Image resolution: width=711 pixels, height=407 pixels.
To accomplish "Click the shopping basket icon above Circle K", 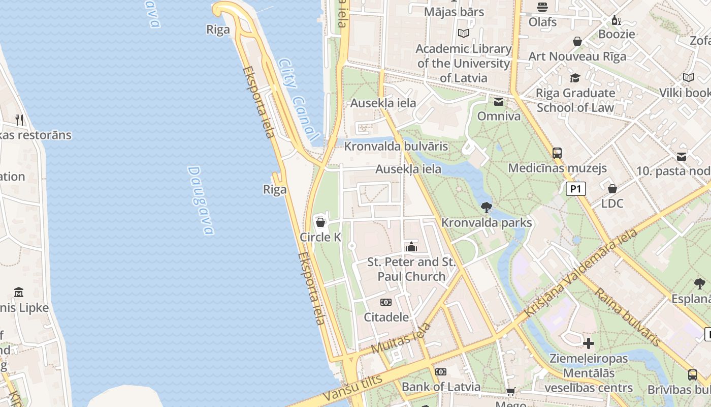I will click(x=320, y=222).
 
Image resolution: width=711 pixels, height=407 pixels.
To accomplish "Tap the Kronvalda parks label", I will click(x=487, y=223).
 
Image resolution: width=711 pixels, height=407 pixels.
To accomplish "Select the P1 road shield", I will click(x=576, y=189).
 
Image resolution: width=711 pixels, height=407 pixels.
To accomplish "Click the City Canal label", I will click(x=299, y=100).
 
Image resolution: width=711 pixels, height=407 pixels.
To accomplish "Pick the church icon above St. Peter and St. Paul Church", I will click(x=411, y=247).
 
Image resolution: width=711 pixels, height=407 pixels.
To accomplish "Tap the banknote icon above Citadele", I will click(x=386, y=302).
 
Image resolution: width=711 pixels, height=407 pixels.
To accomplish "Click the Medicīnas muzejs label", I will click(x=557, y=168).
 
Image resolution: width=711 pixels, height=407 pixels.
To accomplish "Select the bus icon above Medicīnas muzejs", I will click(x=557, y=153).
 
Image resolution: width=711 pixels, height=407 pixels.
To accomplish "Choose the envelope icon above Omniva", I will click(x=499, y=102).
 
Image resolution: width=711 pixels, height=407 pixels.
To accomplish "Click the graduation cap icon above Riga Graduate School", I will click(x=575, y=78).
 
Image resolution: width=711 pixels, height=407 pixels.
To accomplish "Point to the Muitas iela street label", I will click(x=401, y=338).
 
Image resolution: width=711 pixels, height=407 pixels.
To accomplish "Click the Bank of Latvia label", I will click(x=441, y=387).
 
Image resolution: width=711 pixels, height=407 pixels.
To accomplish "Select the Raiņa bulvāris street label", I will click(x=628, y=316).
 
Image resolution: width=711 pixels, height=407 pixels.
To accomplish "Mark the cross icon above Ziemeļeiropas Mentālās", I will click(x=589, y=343).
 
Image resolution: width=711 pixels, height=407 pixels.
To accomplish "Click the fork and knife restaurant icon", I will click(x=19, y=120).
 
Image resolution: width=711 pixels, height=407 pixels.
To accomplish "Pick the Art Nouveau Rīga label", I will click(x=577, y=56).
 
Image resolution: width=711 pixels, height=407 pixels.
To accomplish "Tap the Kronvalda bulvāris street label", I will click(x=396, y=147).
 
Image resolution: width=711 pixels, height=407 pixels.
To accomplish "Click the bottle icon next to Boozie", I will click(x=616, y=20).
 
